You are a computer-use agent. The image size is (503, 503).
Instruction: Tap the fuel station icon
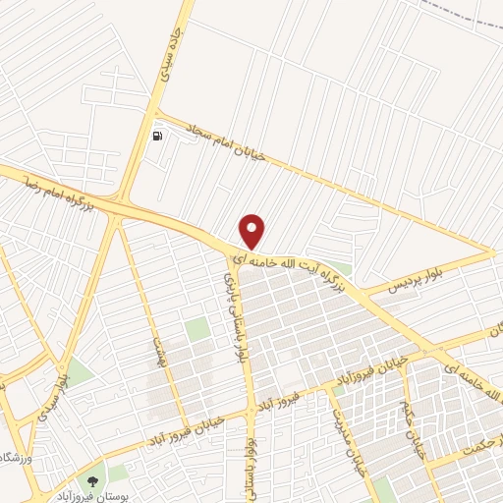pyautogui.click(x=158, y=136)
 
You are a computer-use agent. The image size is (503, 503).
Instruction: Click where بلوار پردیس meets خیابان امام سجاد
pyautogui.click(x=492, y=252)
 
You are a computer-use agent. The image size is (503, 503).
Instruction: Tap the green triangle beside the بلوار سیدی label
pyautogui.click(x=77, y=372)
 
